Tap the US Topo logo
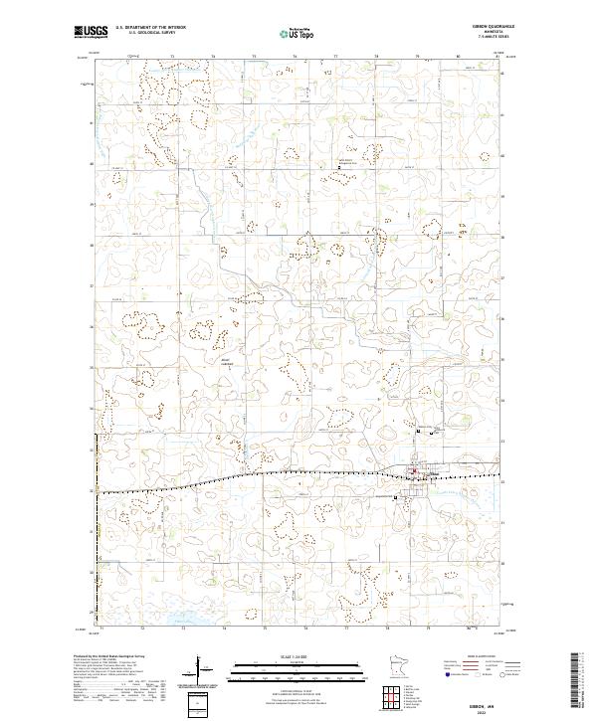pyautogui.click(x=298, y=33)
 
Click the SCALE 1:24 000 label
pyautogui.click(x=298, y=656)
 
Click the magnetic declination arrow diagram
pyautogui.click(x=201, y=668)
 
